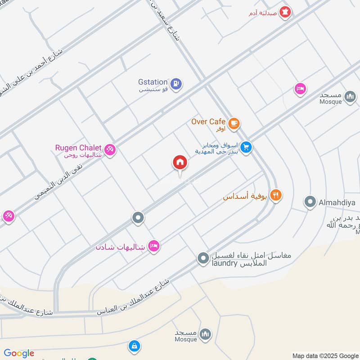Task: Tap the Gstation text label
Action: tap(153, 82)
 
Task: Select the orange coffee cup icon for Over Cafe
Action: tap(234, 123)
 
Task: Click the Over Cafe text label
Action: tap(208, 121)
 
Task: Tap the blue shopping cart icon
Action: tap(245, 147)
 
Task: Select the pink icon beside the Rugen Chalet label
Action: tap(110, 149)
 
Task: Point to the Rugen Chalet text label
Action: tap(78, 148)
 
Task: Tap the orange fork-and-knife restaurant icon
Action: tap(276, 195)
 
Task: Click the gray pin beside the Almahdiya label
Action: tap(310, 202)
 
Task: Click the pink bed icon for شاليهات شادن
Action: tap(154, 246)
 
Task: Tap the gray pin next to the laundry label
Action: tap(203, 258)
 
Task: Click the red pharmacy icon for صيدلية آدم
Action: tap(284, 13)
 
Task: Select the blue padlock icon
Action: tap(133, 346)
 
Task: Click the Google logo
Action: tap(19, 353)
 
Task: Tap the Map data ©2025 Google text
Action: tap(325, 355)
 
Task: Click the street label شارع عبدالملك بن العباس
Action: tap(133, 297)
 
